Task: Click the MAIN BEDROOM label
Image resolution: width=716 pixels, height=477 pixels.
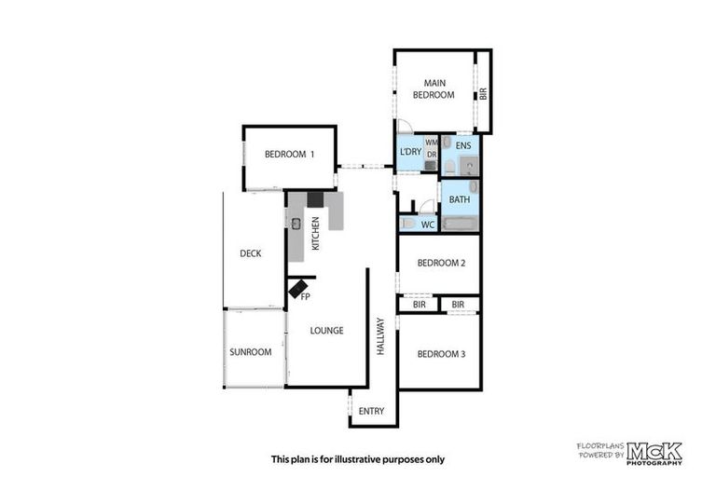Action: (x=433, y=89)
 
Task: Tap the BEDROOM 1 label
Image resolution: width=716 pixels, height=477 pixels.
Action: (x=289, y=155)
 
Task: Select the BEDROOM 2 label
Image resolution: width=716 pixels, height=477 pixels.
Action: (x=441, y=263)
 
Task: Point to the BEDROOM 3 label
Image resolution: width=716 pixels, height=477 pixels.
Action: (x=441, y=354)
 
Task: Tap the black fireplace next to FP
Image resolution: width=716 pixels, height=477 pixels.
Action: (x=297, y=289)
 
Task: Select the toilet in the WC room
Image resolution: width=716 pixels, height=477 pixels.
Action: (x=407, y=224)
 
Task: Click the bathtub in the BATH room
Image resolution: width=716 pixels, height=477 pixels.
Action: (x=460, y=224)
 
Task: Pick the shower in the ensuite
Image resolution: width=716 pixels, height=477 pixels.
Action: (x=469, y=166)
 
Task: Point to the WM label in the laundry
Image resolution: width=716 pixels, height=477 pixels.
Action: (x=431, y=143)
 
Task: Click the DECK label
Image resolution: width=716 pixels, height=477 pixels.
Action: (x=250, y=253)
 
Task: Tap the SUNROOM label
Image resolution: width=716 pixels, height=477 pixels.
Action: (x=250, y=352)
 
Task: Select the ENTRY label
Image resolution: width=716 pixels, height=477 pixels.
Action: (x=371, y=411)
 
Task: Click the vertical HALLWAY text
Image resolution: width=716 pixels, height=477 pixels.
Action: (x=380, y=336)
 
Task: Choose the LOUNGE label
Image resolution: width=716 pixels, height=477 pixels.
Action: (x=327, y=330)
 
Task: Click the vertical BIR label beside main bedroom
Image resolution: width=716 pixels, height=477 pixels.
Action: (x=483, y=93)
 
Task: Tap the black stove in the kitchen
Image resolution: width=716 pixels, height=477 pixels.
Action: (x=315, y=198)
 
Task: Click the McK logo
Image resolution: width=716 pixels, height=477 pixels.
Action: (x=654, y=453)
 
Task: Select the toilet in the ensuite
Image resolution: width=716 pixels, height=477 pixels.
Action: (x=449, y=166)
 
